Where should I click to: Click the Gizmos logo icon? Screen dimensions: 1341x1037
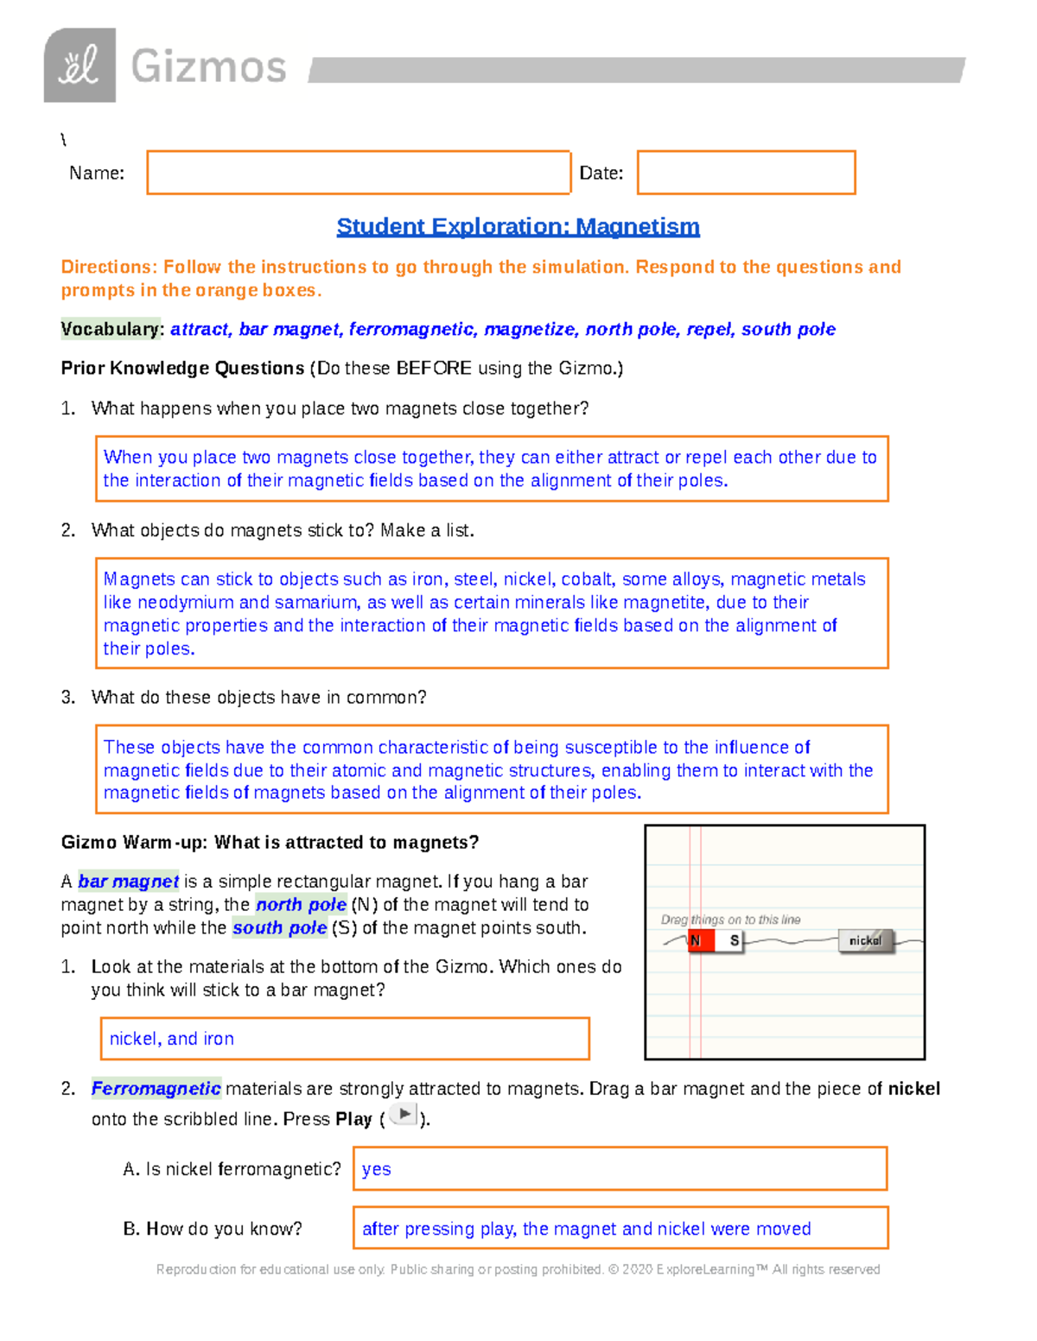pyautogui.click(x=80, y=66)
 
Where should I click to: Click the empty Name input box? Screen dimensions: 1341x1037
pyautogui.click(x=359, y=173)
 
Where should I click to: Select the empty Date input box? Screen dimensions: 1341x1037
pyautogui.click(x=746, y=173)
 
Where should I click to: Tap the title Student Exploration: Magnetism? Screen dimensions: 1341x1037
pyautogui.click(x=518, y=226)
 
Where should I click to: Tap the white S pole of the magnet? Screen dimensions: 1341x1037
pyautogui.click(x=734, y=940)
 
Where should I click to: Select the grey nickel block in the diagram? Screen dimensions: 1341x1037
pyautogui.click(x=865, y=940)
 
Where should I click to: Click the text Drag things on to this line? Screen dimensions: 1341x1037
pyautogui.click(x=730, y=920)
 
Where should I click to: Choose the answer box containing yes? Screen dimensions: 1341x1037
pyautogui.click(x=620, y=1168)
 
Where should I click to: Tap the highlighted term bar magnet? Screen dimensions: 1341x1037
pyautogui.click(x=128, y=882)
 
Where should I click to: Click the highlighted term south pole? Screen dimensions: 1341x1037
pyautogui.click(x=279, y=928)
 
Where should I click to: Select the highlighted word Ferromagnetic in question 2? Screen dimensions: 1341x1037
pyautogui.click(x=156, y=1089)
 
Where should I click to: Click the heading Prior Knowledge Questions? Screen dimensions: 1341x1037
pyautogui.click(x=182, y=369)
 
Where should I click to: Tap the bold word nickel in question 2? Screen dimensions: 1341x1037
pyautogui.click(x=913, y=1089)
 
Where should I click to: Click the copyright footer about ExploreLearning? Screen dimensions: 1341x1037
pyautogui.click(x=518, y=1269)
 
